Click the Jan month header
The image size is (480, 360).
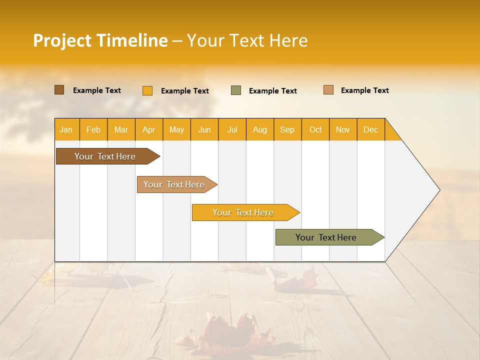pos(66,129)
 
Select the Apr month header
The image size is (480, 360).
pos(149,129)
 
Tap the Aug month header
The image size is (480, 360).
pos(260,129)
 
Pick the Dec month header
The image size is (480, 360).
pos(371,129)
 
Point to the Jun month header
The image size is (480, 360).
pos(204,129)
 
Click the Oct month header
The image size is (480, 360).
pos(315,129)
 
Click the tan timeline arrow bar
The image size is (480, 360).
pos(175,184)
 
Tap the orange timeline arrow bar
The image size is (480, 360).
pos(244,212)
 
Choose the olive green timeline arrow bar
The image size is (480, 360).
pos(327,237)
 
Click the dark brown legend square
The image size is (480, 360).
pos(59,90)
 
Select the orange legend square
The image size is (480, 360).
pos(147,90)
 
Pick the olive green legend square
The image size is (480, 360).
pos(236,90)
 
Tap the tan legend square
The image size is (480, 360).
pos(328,90)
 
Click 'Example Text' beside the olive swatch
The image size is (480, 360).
pos(272,91)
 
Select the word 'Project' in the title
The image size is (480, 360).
pos(62,40)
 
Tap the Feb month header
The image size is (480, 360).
pos(93,129)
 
